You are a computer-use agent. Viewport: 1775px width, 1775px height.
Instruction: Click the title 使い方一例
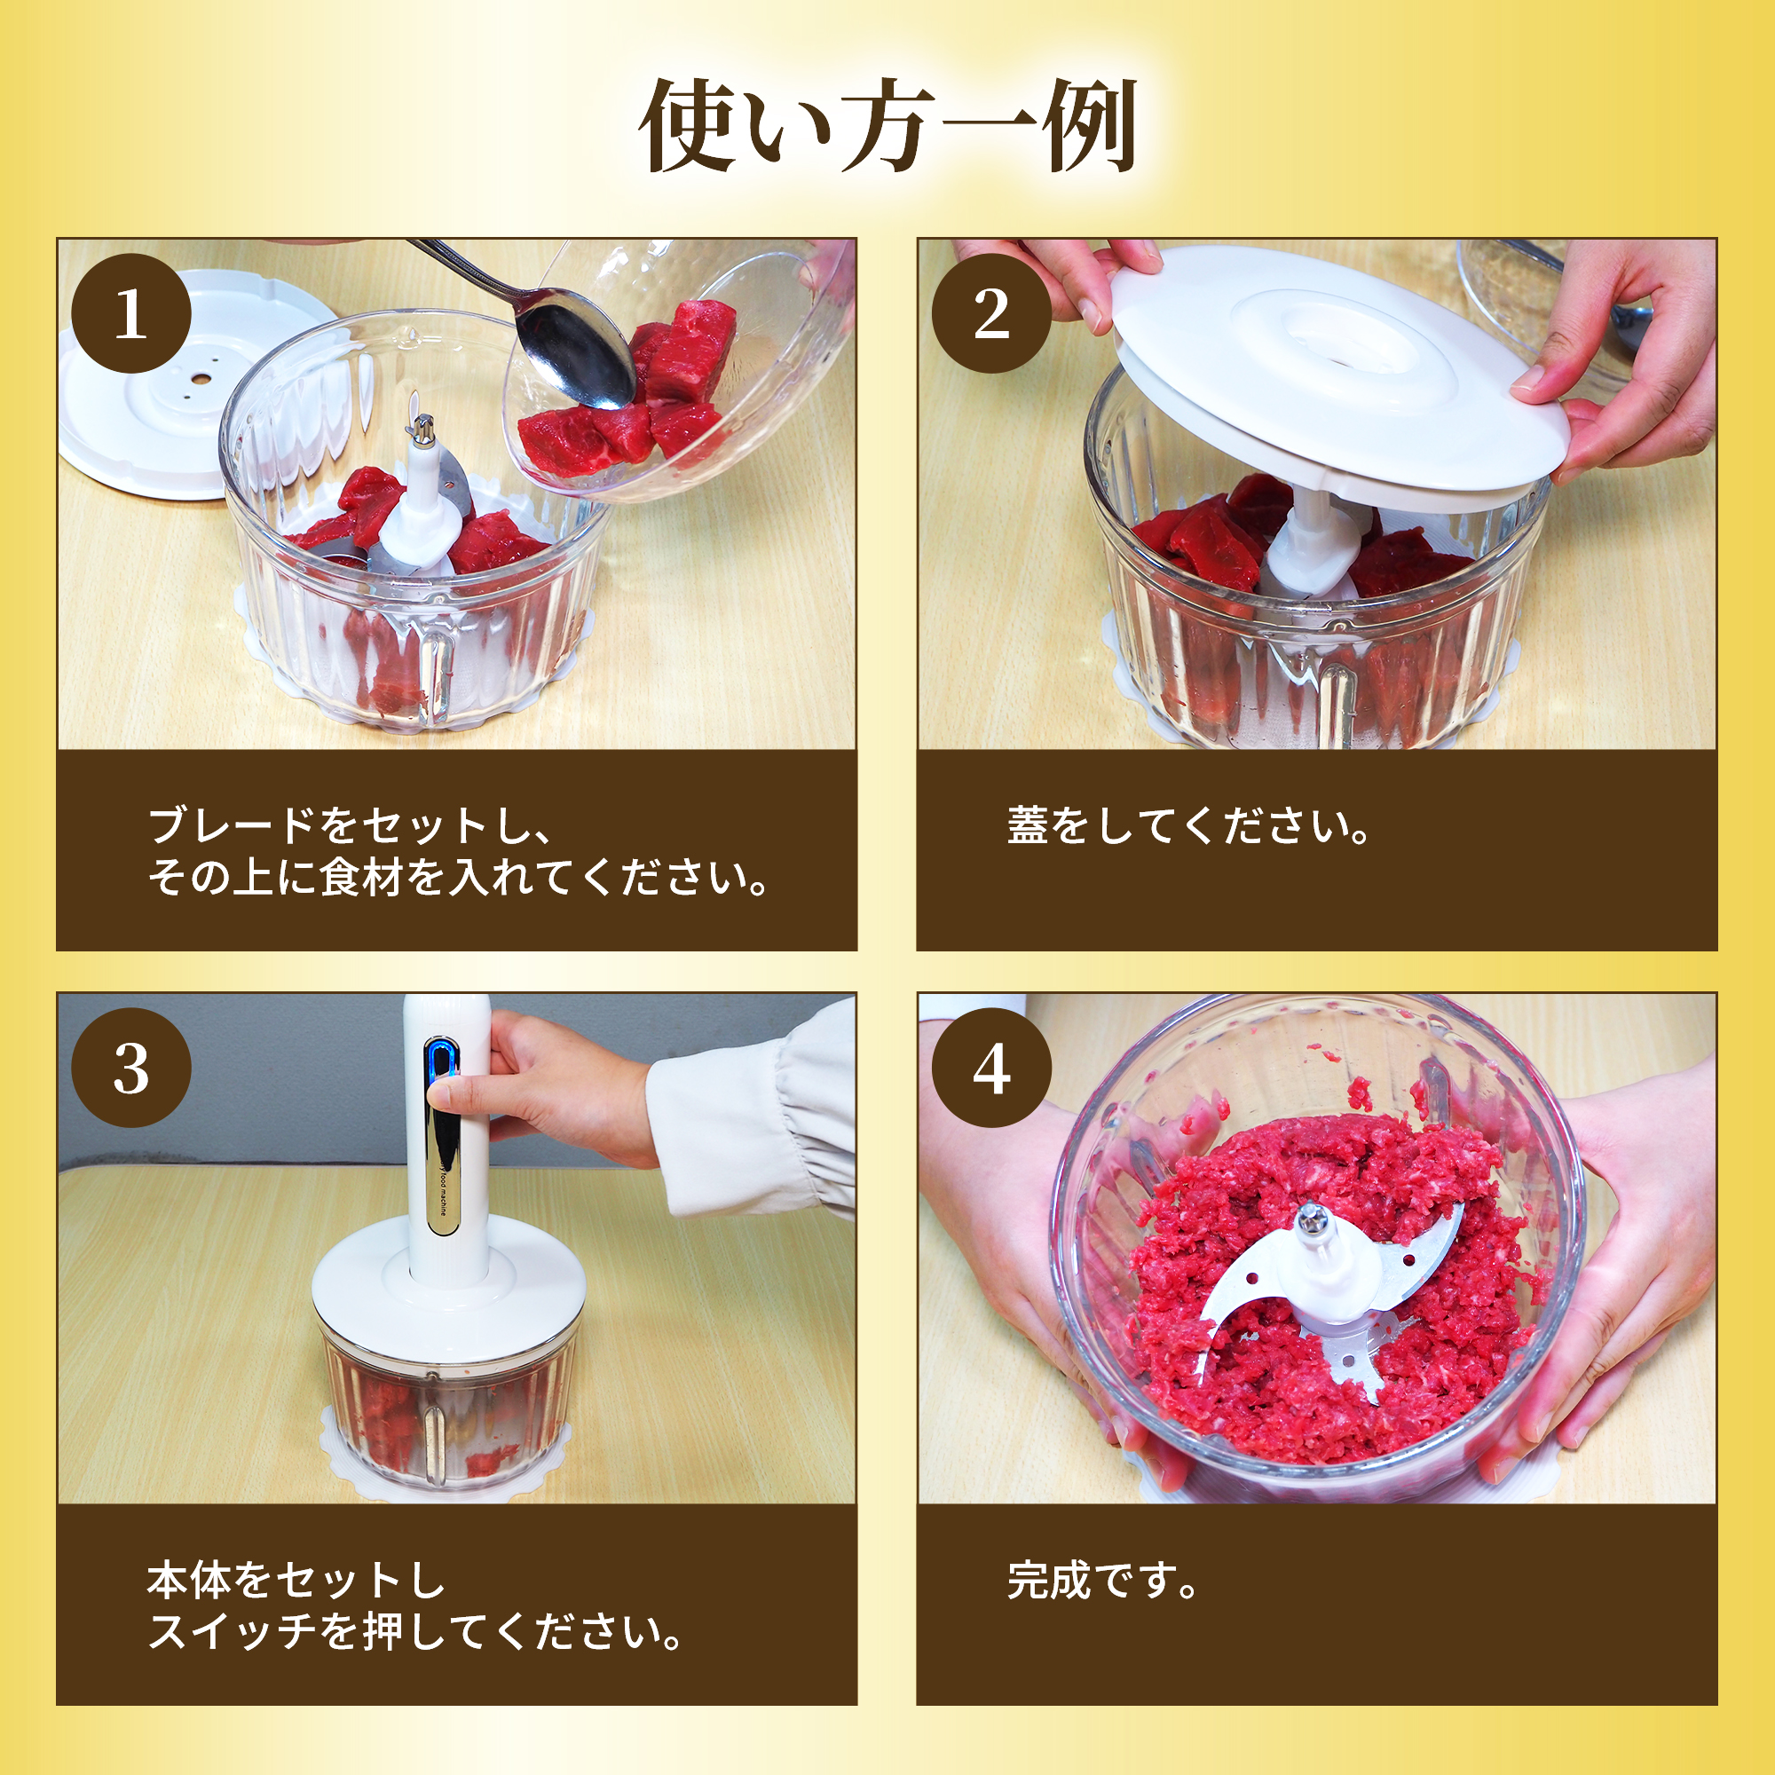pos(887,126)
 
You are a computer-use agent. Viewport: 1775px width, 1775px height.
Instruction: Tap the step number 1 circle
pos(131,313)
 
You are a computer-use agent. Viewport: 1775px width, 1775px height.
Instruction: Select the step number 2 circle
pos(992,313)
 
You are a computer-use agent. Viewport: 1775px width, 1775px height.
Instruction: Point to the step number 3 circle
pos(131,1069)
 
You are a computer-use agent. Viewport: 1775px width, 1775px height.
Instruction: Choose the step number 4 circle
pos(992,1069)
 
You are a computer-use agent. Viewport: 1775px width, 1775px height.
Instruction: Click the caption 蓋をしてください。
pos(1189,826)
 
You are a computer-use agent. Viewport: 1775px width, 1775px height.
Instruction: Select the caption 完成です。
pos(1102,1582)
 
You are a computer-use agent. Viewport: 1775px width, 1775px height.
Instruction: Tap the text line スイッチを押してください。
pos(416,1633)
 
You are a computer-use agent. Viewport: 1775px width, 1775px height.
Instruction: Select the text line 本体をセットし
pos(296,1582)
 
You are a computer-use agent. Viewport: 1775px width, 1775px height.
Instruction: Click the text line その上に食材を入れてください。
pos(459,878)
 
